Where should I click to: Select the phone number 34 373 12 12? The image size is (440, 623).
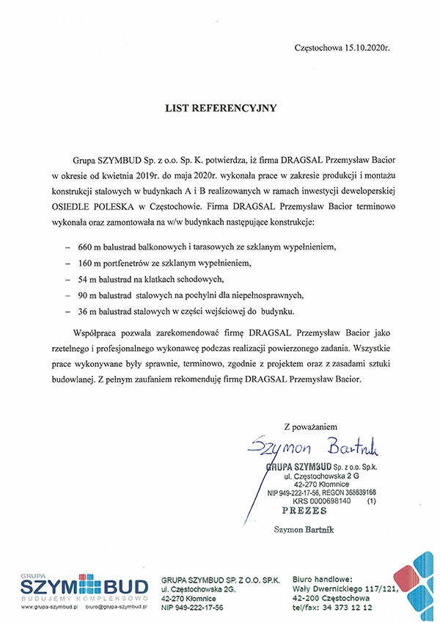[348, 608]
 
